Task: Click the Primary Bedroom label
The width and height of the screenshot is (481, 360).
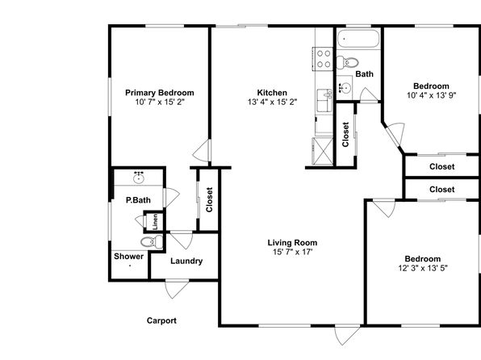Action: point(160,93)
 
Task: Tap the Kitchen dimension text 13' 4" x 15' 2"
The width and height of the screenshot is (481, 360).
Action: point(273,102)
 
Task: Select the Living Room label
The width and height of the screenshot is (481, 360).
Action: point(292,243)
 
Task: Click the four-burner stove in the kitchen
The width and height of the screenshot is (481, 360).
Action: point(323,59)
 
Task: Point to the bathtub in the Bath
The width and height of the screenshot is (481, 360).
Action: point(358,39)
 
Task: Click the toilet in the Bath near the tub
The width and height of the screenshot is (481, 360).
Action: point(348,63)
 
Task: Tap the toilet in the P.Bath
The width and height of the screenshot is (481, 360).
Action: point(152,242)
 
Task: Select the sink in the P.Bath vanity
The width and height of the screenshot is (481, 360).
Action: point(139,178)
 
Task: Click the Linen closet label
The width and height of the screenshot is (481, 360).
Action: point(156,222)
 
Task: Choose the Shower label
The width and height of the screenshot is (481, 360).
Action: point(128,256)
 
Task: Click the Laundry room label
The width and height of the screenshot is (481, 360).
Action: point(186,262)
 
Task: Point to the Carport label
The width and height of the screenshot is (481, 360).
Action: point(161,320)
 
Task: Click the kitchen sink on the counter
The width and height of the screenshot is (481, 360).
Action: point(324,101)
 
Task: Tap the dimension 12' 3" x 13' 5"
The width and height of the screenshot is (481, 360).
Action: point(423,268)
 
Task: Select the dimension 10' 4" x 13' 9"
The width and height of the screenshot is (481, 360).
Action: point(432,95)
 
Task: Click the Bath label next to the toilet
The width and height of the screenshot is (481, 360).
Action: point(365,74)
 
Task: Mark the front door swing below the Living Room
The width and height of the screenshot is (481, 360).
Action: point(347,334)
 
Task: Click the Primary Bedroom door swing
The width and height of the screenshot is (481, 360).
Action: point(202,150)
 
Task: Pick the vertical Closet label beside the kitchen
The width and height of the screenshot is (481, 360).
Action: point(345,135)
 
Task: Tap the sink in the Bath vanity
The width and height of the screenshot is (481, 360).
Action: point(345,89)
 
